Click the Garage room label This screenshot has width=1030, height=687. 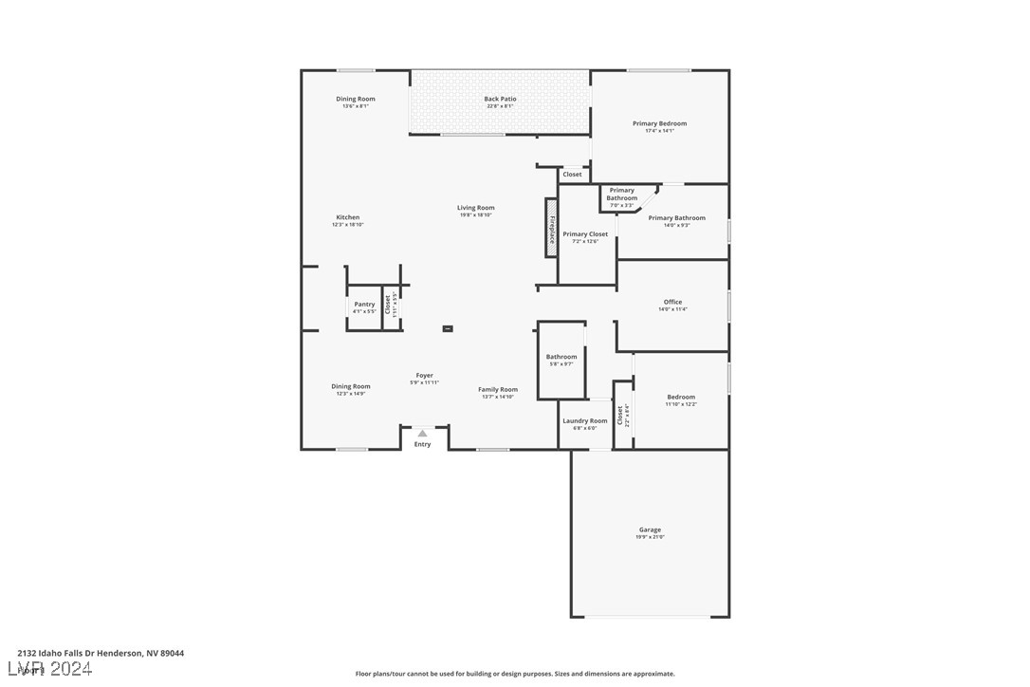tap(650, 529)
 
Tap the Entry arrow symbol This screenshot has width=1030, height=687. tap(422, 434)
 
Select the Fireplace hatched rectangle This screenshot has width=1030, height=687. tap(551, 228)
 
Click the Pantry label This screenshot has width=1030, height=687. tap(364, 305)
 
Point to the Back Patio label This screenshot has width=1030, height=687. tap(500, 99)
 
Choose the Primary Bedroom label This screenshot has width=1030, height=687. tap(659, 123)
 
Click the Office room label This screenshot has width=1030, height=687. tap(672, 302)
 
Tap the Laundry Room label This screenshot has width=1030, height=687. tap(584, 420)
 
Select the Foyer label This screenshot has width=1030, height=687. tap(424, 375)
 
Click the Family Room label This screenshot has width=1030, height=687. tap(497, 389)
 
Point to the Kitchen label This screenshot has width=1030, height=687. tap(347, 217)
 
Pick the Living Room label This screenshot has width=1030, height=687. tap(475, 208)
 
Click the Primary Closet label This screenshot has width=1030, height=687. tap(585, 233)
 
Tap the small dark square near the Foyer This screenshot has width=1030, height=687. tap(448, 328)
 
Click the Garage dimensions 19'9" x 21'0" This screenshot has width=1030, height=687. tap(650, 537)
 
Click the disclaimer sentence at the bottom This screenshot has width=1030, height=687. tap(515, 674)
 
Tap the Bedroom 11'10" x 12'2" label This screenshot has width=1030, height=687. tap(681, 397)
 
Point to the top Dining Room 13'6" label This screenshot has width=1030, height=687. tap(356, 99)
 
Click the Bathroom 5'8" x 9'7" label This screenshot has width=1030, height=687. tap(561, 357)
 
